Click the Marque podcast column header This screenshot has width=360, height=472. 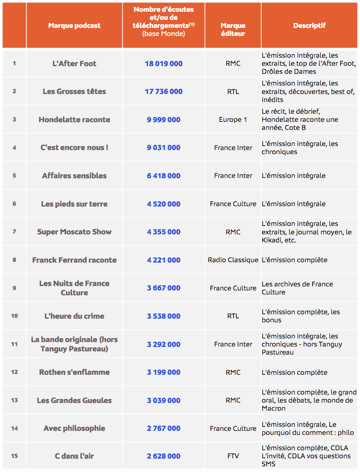point(74,25)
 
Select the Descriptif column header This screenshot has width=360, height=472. point(309,25)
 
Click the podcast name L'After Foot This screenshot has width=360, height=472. point(74,63)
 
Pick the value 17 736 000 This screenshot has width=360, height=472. point(164,92)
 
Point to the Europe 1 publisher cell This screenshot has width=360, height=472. point(233,119)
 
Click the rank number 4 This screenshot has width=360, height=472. point(15,148)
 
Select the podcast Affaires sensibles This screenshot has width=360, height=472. point(74,175)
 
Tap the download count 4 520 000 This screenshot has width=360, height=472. point(164,204)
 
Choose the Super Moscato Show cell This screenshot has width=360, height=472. point(74,232)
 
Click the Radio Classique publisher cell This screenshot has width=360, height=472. point(233,260)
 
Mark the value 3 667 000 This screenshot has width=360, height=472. point(164,288)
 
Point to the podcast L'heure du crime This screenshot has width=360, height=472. point(74,316)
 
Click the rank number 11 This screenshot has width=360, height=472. point(15,344)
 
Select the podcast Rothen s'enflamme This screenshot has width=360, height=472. point(74,372)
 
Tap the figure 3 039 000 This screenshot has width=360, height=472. point(164,400)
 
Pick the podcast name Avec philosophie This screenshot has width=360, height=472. point(74,428)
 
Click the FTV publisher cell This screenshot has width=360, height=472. point(233,456)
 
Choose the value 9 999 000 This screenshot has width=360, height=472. point(164,119)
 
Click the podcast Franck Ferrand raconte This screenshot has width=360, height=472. point(74,260)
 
